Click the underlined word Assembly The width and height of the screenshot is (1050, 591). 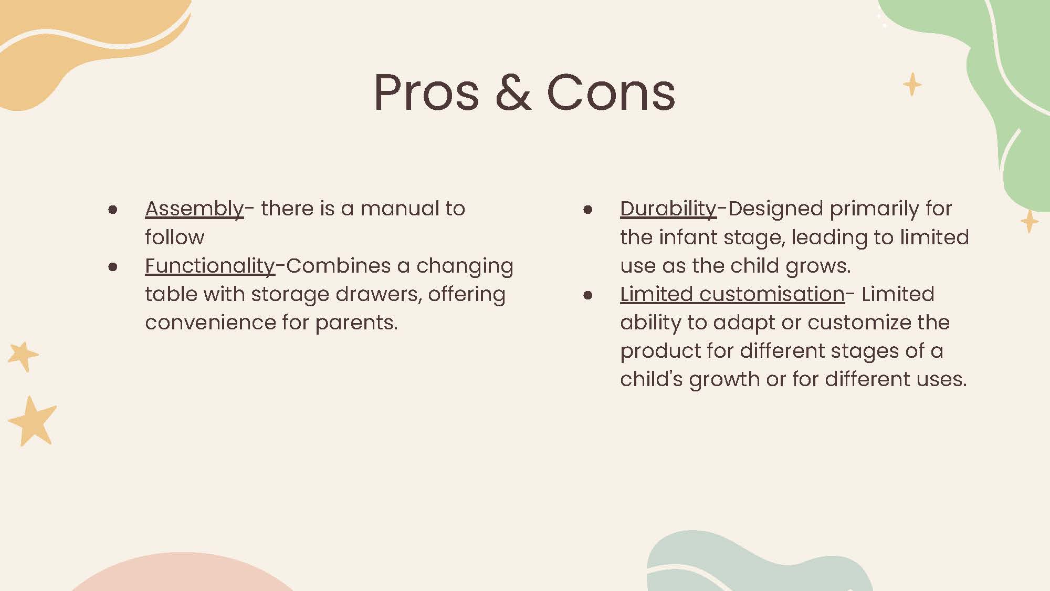click(x=194, y=209)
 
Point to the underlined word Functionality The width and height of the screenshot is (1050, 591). click(x=210, y=266)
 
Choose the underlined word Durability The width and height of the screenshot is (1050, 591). click(x=668, y=209)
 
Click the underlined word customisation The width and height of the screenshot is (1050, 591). click(x=772, y=294)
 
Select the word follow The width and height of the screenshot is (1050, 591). click(x=174, y=237)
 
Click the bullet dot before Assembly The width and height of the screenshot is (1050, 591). click(x=112, y=210)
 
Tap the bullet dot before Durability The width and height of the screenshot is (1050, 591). click(x=588, y=210)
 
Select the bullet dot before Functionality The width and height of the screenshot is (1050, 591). click(x=112, y=267)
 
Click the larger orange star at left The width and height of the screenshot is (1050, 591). click(x=33, y=422)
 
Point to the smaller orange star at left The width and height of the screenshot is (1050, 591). click(x=23, y=356)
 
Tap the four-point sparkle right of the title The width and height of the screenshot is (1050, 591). click(x=912, y=84)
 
